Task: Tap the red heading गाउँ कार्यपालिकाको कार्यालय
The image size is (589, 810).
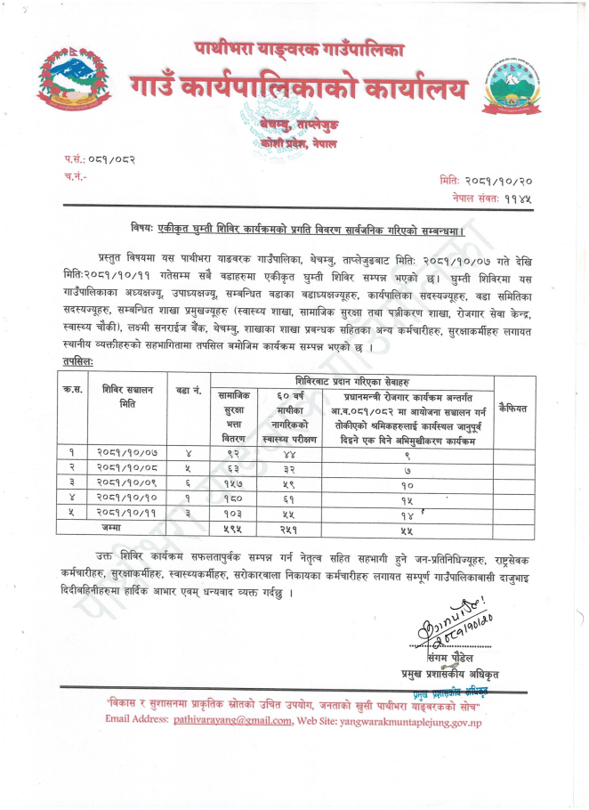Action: [299, 88]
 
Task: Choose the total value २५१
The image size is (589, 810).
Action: [282, 529]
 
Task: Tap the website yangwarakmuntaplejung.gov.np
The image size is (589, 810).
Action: [402, 719]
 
